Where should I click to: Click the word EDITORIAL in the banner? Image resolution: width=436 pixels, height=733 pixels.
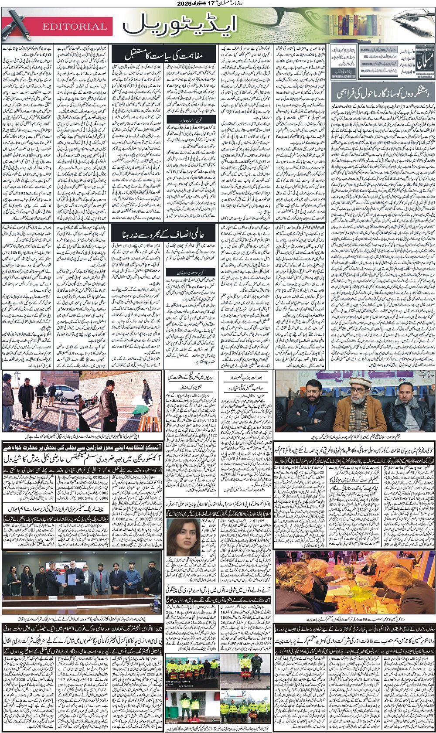point(75,27)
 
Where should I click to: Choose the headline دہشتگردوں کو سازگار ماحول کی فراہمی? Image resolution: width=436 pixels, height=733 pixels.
point(382,91)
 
